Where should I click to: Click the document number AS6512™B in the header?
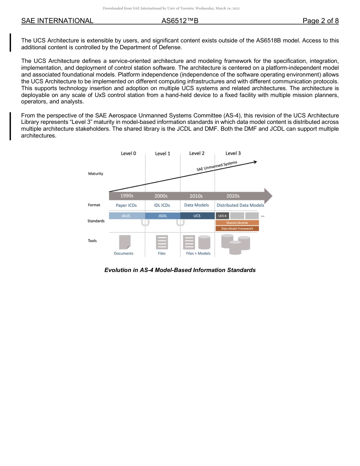(x=180, y=21)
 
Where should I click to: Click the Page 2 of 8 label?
(x=321, y=21)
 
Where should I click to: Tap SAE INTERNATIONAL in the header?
(x=57, y=21)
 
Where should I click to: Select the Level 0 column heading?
(x=128, y=153)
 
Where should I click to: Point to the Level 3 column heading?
(x=233, y=153)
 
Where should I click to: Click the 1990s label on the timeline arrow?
(x=127, y=196)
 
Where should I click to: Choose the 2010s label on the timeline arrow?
(x=196, y=196)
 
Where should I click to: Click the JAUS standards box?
(x=125, y=216)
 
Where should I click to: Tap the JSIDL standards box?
(x=163, y=216)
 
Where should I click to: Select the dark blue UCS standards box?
(x=197, y=216)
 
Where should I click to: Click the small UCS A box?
(x=222, y=216)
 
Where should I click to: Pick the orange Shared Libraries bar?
(x=237, y=223)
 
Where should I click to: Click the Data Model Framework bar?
(x=237, y=228)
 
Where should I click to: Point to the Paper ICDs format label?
(x=126, y=205)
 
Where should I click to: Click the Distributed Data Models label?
(x=240, y=205)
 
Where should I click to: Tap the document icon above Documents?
(x=125, y=242)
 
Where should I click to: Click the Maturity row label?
(x=95, y=174)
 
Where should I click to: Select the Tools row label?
(x=92, y=241)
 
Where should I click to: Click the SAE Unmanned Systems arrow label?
(x=217, y=166)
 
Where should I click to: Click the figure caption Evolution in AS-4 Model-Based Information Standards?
(x=180, y=270)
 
